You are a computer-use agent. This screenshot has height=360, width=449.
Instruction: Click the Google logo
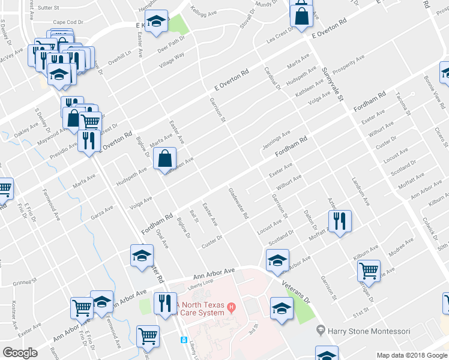tap(20, 352)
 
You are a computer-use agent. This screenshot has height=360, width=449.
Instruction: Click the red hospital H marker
tap(231, 309)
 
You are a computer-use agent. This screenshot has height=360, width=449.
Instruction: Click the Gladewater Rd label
tap(238, 204)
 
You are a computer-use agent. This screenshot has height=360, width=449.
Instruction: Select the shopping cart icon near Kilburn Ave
tap(369, 271)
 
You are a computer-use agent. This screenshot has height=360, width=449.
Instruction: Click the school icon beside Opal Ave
tap(142, 255)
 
